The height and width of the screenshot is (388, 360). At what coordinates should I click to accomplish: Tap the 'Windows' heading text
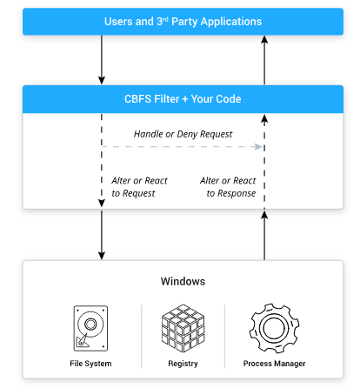tap(182, 282)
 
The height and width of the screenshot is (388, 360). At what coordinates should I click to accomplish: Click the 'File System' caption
tap(91, 363)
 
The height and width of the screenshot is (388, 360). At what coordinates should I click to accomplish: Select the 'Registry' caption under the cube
tap(182, 363)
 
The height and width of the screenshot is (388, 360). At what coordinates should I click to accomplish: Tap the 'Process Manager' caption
tap(274, 363)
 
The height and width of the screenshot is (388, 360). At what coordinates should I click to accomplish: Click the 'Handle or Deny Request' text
tap(182, 134)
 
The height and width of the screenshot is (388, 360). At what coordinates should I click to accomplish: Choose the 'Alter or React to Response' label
tap(228, 186)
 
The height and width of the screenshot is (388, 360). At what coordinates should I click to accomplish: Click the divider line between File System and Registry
tap(141, 335)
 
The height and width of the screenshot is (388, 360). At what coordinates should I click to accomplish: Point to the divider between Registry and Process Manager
tap(224, 335)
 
